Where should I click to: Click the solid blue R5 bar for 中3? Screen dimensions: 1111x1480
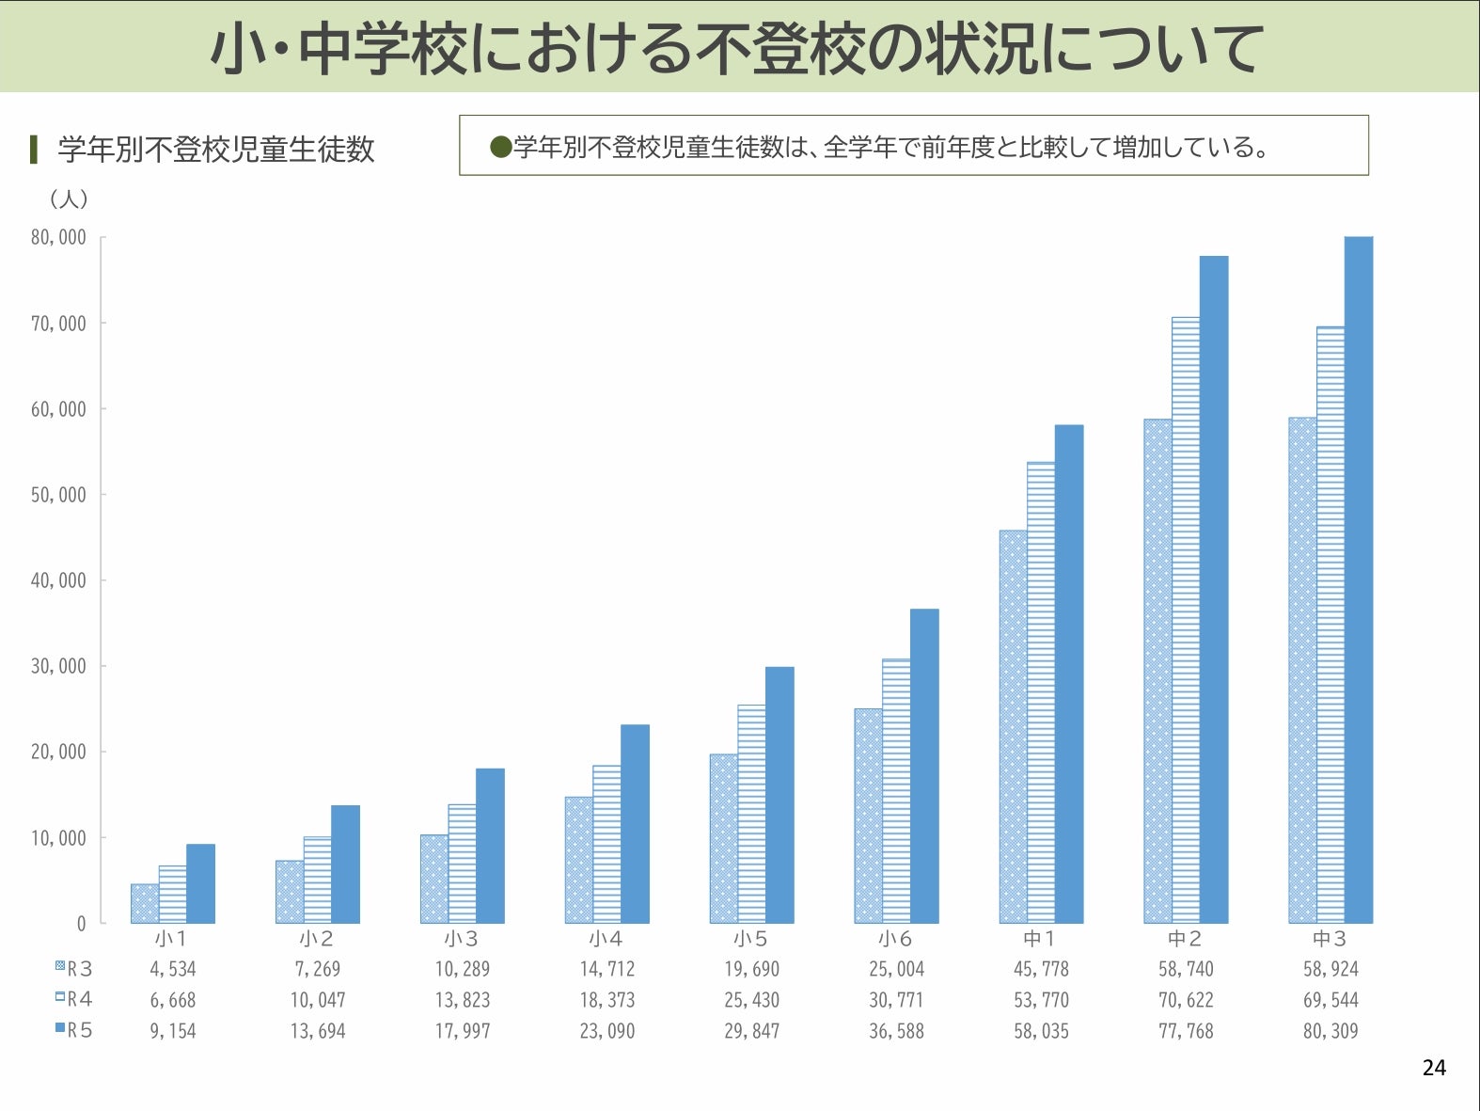point(1358,579)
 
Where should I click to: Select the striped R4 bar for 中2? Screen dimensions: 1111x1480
point(1186,620)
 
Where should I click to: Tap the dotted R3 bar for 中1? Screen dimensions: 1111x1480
point(1013,726)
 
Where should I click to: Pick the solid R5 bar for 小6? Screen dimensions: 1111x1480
point(924,766)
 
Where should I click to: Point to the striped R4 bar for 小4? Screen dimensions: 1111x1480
point(606,844)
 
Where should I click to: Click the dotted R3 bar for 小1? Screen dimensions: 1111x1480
point(145,903)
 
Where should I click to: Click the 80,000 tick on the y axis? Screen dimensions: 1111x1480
point(58,237)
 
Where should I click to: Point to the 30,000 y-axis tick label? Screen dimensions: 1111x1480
point(58,666)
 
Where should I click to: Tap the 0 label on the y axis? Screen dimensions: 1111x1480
point(81,924)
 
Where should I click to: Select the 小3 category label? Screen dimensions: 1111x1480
point(462,939)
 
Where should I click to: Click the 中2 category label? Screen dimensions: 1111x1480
point(1185,939)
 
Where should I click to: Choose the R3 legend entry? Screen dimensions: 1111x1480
point(74,968)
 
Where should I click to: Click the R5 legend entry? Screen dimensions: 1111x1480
point(74,1030)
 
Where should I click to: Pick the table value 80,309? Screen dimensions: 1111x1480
point(1330,1031)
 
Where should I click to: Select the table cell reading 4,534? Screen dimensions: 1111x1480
point(173,969)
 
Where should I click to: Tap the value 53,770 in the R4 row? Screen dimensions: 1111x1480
point(1041,1000)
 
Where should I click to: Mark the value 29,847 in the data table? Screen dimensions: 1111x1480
point(751,1031)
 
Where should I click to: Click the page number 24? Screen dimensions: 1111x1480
point(1434,1068)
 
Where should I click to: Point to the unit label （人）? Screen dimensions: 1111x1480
point(69,199)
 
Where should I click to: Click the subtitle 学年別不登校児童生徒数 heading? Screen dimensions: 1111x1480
point(216,149)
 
